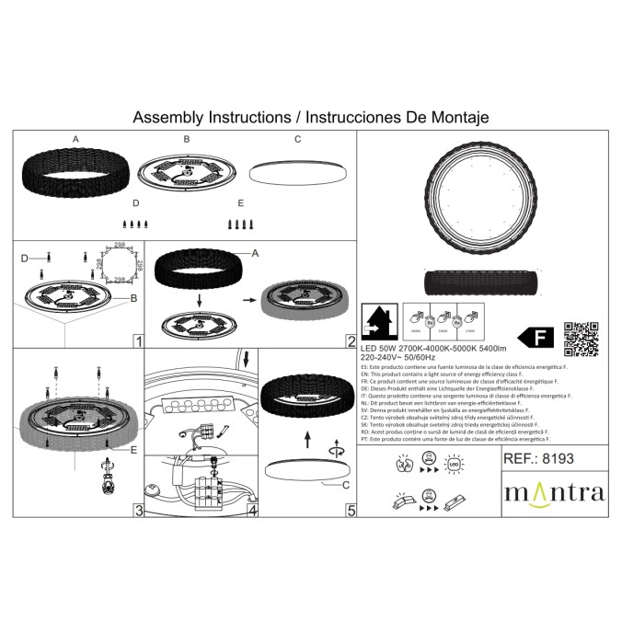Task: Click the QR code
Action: tap(581, 338)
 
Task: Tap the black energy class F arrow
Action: tap(536, 338)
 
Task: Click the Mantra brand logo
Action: tap(554, 491)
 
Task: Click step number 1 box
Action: tap(136, 341)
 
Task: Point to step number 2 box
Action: tap(351, 341)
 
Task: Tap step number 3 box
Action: tap(136, 509)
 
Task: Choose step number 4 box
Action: tap(252, 509)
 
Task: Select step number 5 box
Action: tap(351, 509)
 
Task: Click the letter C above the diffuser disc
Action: tap(297, 140)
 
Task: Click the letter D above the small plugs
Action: tap(135, 202)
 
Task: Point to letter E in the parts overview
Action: tap(240, 202)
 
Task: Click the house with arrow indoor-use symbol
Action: tap(382, 324)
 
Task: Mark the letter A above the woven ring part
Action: tap(76, 140)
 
